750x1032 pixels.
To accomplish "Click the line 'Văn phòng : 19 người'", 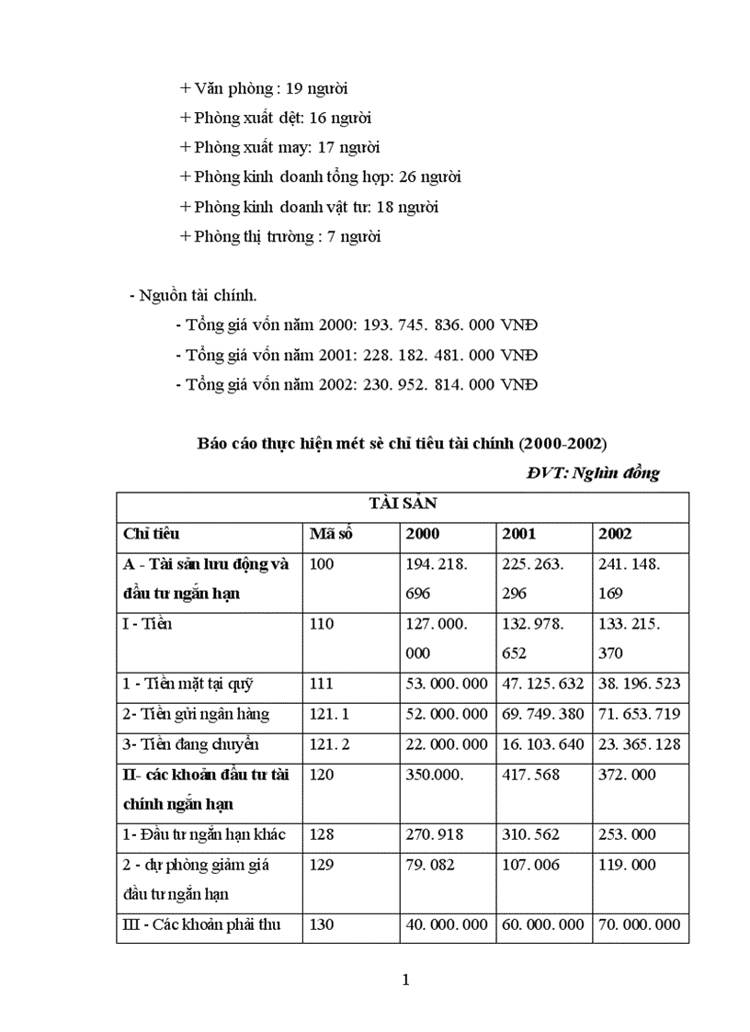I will pyautogui.click(x=264, y=89).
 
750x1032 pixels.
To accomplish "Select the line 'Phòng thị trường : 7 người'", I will pyautogui.click(x=280, y=236).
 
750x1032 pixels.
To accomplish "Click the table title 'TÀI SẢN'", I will pyautogui.click(x=402, y=504).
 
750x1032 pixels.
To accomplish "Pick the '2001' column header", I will pyautogui.click(x=519, y=533).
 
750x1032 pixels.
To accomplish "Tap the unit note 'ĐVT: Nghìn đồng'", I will pyautogui.click(x=593, y=473).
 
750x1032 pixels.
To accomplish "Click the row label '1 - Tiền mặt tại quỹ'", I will pyautogui.click(x=187, y=683).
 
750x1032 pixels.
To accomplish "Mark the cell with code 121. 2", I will pyautogui.click(x=332, y=743).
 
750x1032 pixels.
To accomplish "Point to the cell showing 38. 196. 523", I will pyautogui.click(x=640, y=683).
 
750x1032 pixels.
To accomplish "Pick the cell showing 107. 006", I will pyautogui.click(x=528, y=865).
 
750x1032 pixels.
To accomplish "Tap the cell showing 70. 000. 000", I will pyautogui.click(x=640, y=924).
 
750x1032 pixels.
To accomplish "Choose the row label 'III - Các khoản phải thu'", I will pyautogui.click(x=200, y=924).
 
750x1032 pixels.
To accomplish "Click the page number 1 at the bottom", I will pyautogui.click(x=405, y=980).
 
